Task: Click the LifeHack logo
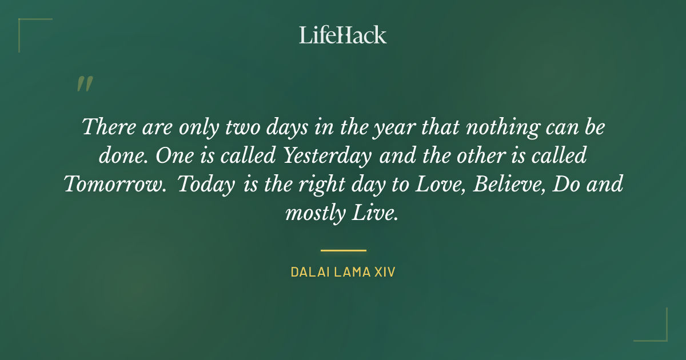[343, 35]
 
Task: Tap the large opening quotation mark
[84, 84]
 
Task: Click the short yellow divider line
[343, 250]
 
